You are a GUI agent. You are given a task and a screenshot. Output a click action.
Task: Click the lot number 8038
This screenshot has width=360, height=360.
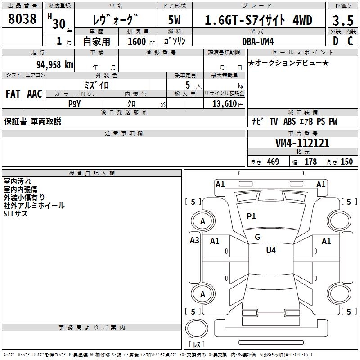pos(22,19)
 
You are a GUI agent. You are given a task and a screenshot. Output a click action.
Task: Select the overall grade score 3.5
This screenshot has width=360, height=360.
pos(342,20)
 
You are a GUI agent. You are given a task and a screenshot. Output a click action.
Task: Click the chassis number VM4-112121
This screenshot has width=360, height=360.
pos(302,143)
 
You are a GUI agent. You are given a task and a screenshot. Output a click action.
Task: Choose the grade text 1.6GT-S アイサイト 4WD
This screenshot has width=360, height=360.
pos(258,20)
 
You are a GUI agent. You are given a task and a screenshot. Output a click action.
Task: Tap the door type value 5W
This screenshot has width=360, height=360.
pos(175,20)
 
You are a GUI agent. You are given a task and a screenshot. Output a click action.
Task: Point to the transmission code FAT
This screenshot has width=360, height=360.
pos(13,94)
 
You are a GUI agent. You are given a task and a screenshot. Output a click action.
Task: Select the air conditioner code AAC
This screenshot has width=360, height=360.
pos(35,94)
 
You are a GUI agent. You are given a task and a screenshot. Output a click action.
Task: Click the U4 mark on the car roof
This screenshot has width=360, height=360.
pos(271,251)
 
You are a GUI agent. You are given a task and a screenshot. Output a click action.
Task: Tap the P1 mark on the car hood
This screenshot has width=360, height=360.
pos(251,216)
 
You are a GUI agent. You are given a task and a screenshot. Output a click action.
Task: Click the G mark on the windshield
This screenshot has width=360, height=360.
pos(257,237)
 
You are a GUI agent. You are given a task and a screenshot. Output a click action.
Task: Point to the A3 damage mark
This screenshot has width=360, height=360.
pos(194,240)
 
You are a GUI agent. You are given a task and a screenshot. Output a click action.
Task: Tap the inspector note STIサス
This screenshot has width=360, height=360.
pos(16,214)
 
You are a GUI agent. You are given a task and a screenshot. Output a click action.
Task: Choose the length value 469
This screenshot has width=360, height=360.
pos(272,162)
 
